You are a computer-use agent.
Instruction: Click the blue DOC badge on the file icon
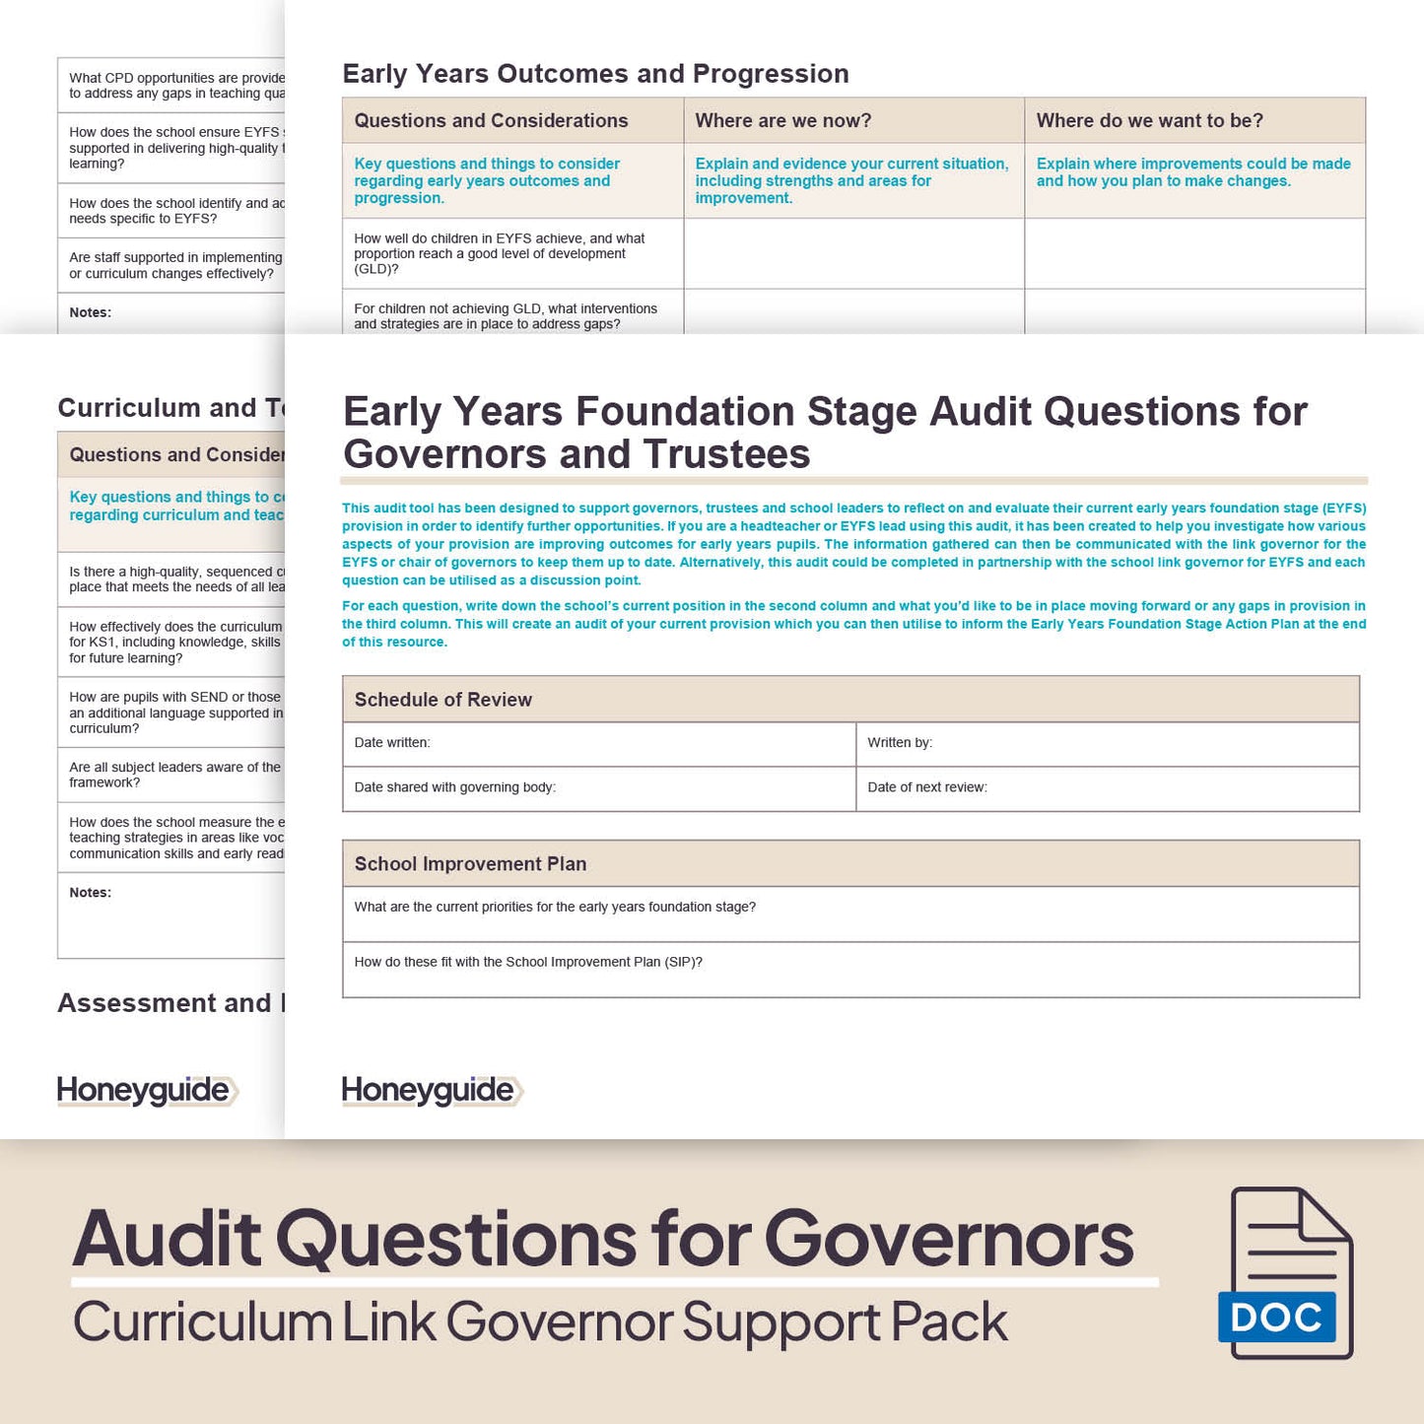point(1276,1318)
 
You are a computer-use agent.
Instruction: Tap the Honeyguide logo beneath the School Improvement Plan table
point(432,1090)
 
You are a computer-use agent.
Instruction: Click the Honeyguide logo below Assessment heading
point(147,1090)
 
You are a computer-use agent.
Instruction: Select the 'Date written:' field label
point(392,742)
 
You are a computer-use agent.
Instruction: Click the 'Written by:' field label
point(900,742)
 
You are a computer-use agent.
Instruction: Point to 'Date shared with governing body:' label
point(454,787)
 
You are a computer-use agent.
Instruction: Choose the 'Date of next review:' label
point(927,787)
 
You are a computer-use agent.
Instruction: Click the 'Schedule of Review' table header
point(442,700)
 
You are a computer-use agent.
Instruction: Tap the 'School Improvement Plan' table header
point(470,864)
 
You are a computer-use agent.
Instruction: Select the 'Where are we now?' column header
point(783,120)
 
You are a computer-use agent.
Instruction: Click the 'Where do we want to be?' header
point(1149,120)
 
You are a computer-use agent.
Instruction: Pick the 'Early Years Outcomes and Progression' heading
point(595,74)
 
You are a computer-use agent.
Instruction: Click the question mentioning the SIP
point(528,962)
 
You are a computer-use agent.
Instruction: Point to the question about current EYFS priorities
point(555,907)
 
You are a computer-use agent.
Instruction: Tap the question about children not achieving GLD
point(506,315)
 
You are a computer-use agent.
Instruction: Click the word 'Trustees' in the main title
point(726,454)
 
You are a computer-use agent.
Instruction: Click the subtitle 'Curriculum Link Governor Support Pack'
point(540,1322)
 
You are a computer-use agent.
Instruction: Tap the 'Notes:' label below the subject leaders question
point(91,893)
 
